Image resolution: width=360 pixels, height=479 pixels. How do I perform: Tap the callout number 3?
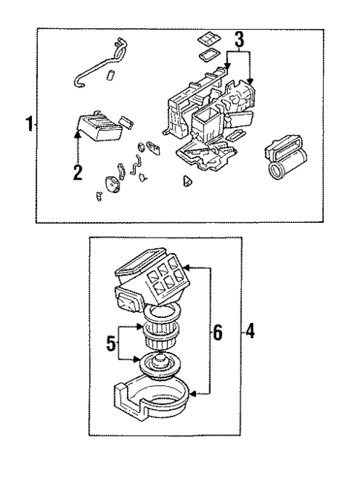point(238,42)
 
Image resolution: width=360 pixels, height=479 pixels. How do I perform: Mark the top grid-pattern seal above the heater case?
point(207,39)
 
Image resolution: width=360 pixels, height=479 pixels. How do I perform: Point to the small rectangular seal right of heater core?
point(127,122)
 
